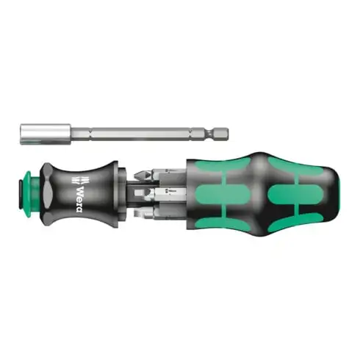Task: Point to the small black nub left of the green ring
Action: [x=17, y=194]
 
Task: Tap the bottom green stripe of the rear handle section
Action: [x=294, y=222]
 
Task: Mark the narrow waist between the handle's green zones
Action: [x=253, y=192]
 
